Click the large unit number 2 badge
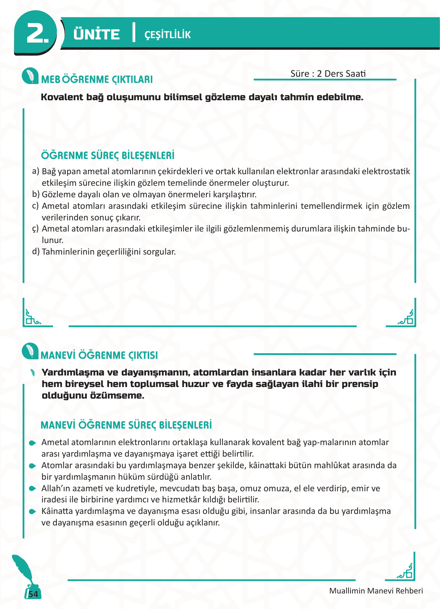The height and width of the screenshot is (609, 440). tap(37, 33)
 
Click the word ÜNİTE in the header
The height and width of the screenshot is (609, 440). tap(96, 34)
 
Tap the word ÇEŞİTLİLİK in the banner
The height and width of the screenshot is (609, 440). tap(167, 35)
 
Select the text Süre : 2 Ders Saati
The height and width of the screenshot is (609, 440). tap(328, 74)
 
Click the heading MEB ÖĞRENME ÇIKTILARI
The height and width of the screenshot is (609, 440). tap(97, 79)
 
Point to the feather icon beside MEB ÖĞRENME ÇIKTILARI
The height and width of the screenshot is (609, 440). tap(30, 76)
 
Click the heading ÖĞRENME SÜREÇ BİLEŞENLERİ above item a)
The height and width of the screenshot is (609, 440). tap(108, 155)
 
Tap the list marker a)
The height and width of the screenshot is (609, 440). tap(35, 171)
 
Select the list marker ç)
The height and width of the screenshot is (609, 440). tap(35, 229)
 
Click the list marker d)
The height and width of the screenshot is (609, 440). tap(35, 252)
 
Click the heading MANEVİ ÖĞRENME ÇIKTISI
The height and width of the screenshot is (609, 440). tap(99, 355)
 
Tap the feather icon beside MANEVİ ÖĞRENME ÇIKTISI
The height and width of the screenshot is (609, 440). tap(30, 351)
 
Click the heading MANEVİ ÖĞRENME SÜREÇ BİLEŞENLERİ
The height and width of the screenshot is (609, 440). tap(126, 425)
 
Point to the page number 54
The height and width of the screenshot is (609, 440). tap(33, 594)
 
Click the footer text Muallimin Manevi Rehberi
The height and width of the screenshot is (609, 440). tap(376, 591)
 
